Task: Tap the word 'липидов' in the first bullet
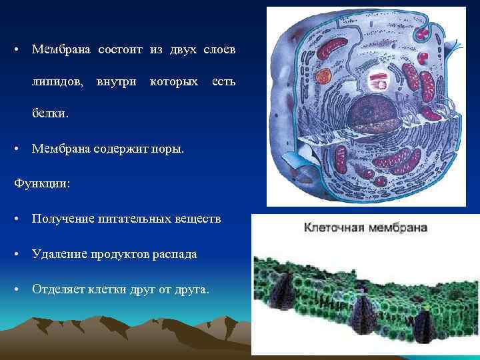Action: click(57, 82)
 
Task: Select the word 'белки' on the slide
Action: click(49, 113)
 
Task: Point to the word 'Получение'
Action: click(63, 219)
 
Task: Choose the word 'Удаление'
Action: click(61, 255)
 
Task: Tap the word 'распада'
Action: click(174, 255)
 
